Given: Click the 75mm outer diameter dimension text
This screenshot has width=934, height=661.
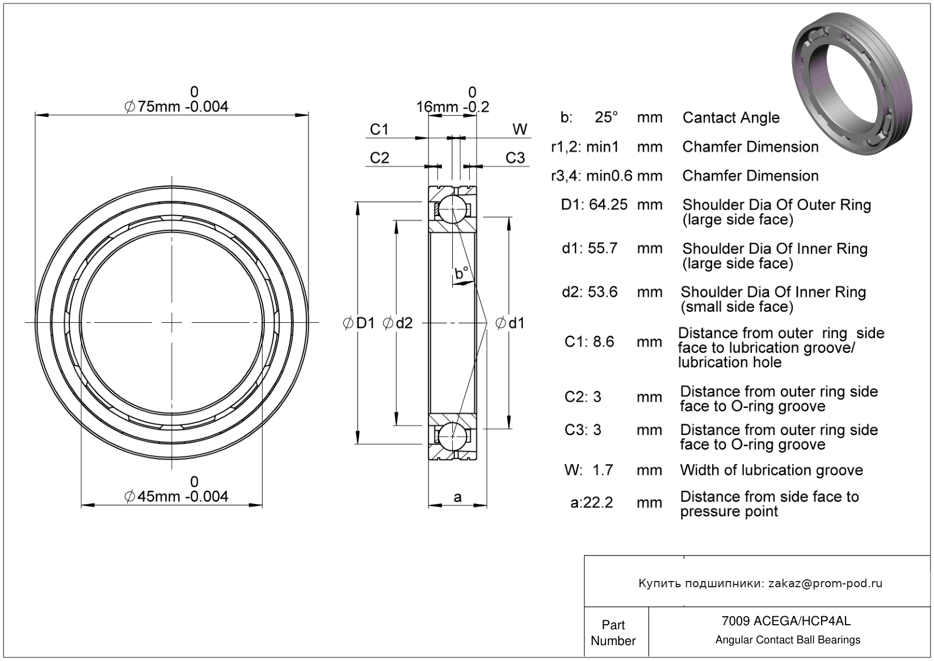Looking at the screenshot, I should coord(176,106).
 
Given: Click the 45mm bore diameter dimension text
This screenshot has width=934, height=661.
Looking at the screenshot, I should coord(176,496).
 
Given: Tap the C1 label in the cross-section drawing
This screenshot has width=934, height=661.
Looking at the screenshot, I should coord(379,130).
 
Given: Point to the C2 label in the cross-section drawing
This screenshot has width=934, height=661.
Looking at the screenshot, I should coord(379,158).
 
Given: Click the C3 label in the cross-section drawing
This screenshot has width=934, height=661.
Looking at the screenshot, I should coord(515,158).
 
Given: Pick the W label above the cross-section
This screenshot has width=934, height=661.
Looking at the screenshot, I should coord(520,130).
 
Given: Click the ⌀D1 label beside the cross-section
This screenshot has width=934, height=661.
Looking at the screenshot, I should coord(359,323).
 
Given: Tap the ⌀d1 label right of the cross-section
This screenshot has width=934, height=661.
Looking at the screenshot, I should coord(510,323).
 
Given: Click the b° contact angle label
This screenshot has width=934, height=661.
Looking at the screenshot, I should coord(461,273).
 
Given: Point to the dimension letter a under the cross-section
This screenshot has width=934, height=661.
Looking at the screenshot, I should coord(457,498).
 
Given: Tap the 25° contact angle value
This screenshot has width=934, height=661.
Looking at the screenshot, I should coord(606,117).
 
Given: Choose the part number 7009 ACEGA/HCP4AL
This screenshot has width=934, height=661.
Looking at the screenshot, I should coord(786,621).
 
